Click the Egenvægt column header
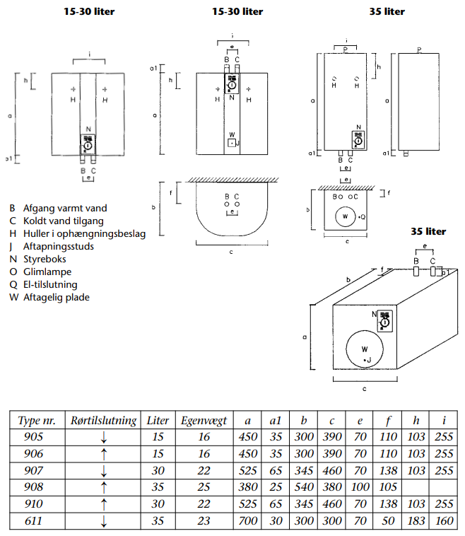click(204, 420)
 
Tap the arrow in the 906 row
click(104, 454)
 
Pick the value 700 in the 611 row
click(247, 521)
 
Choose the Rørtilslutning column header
click(104, 420)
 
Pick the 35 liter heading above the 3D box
click(428, 231)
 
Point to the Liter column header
click(158, 420)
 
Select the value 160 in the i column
click(445, 521)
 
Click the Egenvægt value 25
click(204, 487)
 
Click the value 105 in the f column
click(388, 487)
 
